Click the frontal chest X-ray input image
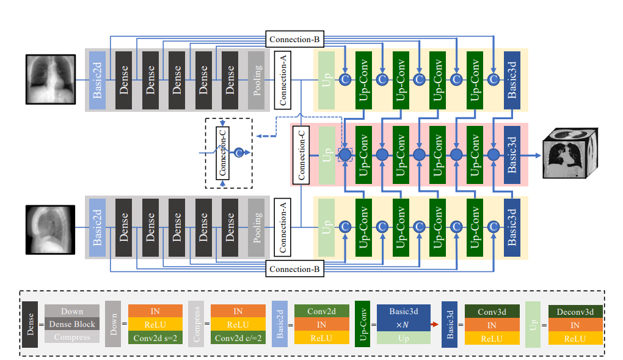coord(50,79)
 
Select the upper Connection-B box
coord(295,39)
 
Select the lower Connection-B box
coord(295,269)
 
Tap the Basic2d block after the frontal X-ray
coord(98,79)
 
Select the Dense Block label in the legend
coord(72,324)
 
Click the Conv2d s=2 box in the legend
coord(155,337)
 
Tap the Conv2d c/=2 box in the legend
coord(238,337)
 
